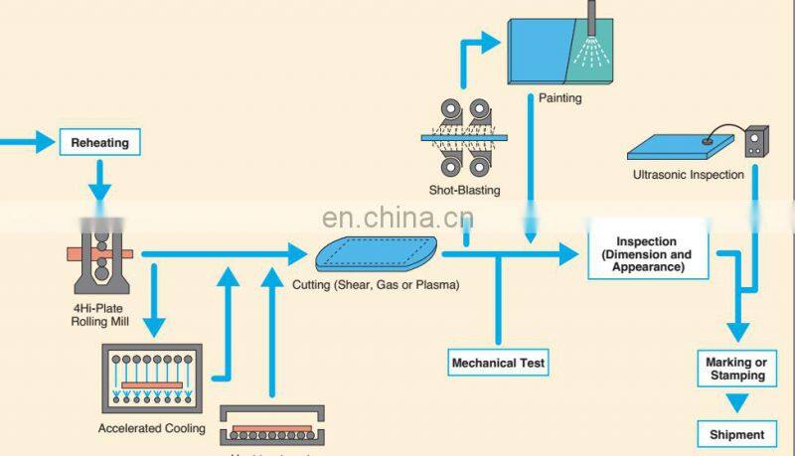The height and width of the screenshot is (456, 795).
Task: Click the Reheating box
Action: click(x=99, y=143)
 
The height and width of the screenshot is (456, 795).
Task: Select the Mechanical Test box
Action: click(x=498, y=363)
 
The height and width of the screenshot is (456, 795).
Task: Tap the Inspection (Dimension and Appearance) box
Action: click(x=646, y=254)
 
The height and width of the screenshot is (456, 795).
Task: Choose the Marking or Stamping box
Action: click(x=736, y=369)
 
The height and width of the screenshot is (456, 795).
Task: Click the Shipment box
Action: click(x=736, y=434)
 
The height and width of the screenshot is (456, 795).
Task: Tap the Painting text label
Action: click(x=559, y=98)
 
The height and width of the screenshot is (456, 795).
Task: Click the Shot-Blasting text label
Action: click(x=466, y=190)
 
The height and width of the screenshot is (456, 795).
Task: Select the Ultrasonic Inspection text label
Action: click(x=688, y=175)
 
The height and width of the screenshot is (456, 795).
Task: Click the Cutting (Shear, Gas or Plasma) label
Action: click(x=376, y=285)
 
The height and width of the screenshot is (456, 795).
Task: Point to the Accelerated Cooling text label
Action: click(x=151, y=428)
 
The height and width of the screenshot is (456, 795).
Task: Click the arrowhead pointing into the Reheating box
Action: click(x=47, y=143)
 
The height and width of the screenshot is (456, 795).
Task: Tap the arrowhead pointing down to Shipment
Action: click(x=736, y=404)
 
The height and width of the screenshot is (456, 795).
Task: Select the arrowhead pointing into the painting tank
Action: click(x=491, y=41)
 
